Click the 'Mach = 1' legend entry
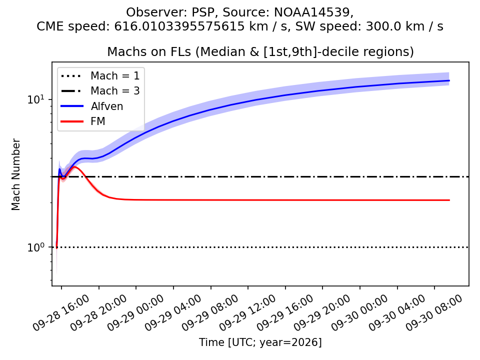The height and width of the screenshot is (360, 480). click(x=100, y=75)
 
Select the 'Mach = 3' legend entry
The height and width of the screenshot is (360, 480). click(x=100, y=91)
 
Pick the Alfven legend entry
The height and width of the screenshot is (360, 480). click(x=92, y=106)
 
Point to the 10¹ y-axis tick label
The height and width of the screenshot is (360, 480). click(x=35, y=99)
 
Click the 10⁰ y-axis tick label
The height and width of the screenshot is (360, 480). click(x=35, y=246)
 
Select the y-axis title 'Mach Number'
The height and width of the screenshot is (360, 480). click(x=15, y=174)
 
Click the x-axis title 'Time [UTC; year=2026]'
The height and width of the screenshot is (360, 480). click(x=260, y=342)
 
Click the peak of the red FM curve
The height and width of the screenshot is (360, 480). click(x=75, y=167)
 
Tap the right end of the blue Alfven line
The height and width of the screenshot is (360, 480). click(x=449, y=80)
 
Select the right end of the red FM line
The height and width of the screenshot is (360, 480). click(x=449, y=200)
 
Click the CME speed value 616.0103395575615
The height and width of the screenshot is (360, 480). click(x=180, y=26)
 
